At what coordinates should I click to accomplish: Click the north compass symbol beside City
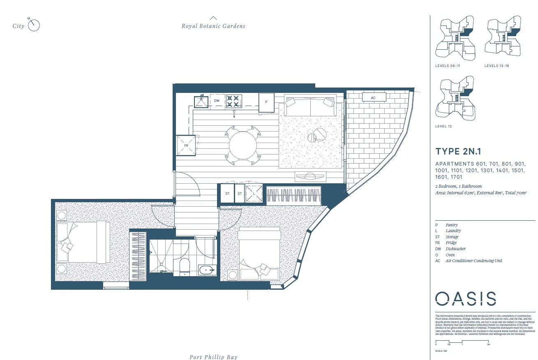(34, 25)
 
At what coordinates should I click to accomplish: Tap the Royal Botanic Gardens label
(213, 26)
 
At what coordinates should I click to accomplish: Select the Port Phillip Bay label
(213, 357)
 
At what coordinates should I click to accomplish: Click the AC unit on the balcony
(373, 97)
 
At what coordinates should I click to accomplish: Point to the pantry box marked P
(266, 102)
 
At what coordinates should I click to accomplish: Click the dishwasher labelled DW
(217, 100)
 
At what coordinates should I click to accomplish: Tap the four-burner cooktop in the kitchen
(233, 101)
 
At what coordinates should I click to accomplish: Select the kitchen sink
(201, 101)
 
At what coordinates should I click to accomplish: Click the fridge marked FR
(186, 145)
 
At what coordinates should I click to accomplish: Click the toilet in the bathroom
(185, 267)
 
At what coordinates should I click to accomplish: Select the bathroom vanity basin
(206, 270)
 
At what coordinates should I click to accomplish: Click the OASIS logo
(465, 299)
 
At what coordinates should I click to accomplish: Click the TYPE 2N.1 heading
(458, 151)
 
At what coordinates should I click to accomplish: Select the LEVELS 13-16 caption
(496, 66)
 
